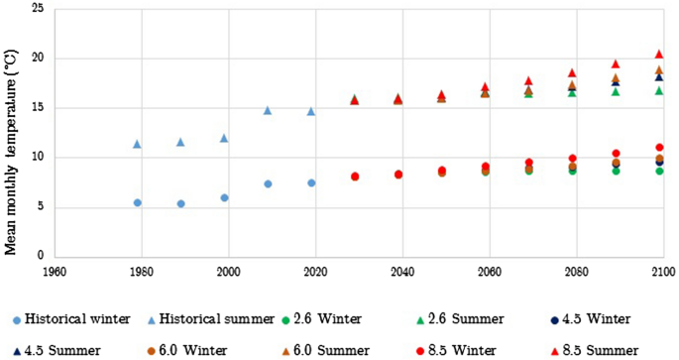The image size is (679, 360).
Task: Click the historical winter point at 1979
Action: (x=137, y=202)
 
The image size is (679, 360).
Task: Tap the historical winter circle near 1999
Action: (x=224, y=197)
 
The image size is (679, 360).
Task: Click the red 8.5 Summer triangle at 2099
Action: (x=658, y=55)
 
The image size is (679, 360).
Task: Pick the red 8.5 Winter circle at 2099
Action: (x=658, y=148)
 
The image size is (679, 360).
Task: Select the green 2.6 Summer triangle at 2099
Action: (x=658, y=90)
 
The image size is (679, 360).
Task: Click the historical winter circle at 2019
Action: (x=310, y=182)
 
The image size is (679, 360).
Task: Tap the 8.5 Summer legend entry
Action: (x=591, y=350)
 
